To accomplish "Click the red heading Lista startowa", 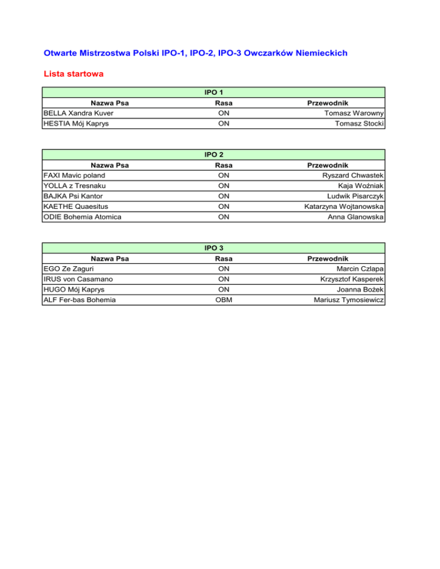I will [x=73, y=74].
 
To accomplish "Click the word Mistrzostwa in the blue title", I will [x=100, y=53].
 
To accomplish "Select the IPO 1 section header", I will [x=214, y=92].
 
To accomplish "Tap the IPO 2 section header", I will [x=214, y=155].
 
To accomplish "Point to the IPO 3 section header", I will [x=214, y=248].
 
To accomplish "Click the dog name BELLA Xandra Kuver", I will [x=78, y=113].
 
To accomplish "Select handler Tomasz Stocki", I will [x=359, y=124].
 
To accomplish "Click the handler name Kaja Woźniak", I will [x=364, y=185].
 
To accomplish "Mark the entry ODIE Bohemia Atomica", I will [x=82, y=216].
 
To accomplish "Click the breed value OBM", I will [x=215, y=299].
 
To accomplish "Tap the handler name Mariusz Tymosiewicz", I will [x=349, y=299].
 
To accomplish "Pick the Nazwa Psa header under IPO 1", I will [x=109, y=103].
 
